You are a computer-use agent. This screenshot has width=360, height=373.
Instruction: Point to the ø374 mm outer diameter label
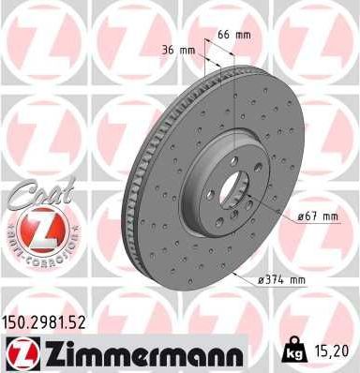pos(283,279)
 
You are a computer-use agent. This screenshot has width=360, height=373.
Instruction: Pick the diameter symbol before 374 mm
pos(263,279)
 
